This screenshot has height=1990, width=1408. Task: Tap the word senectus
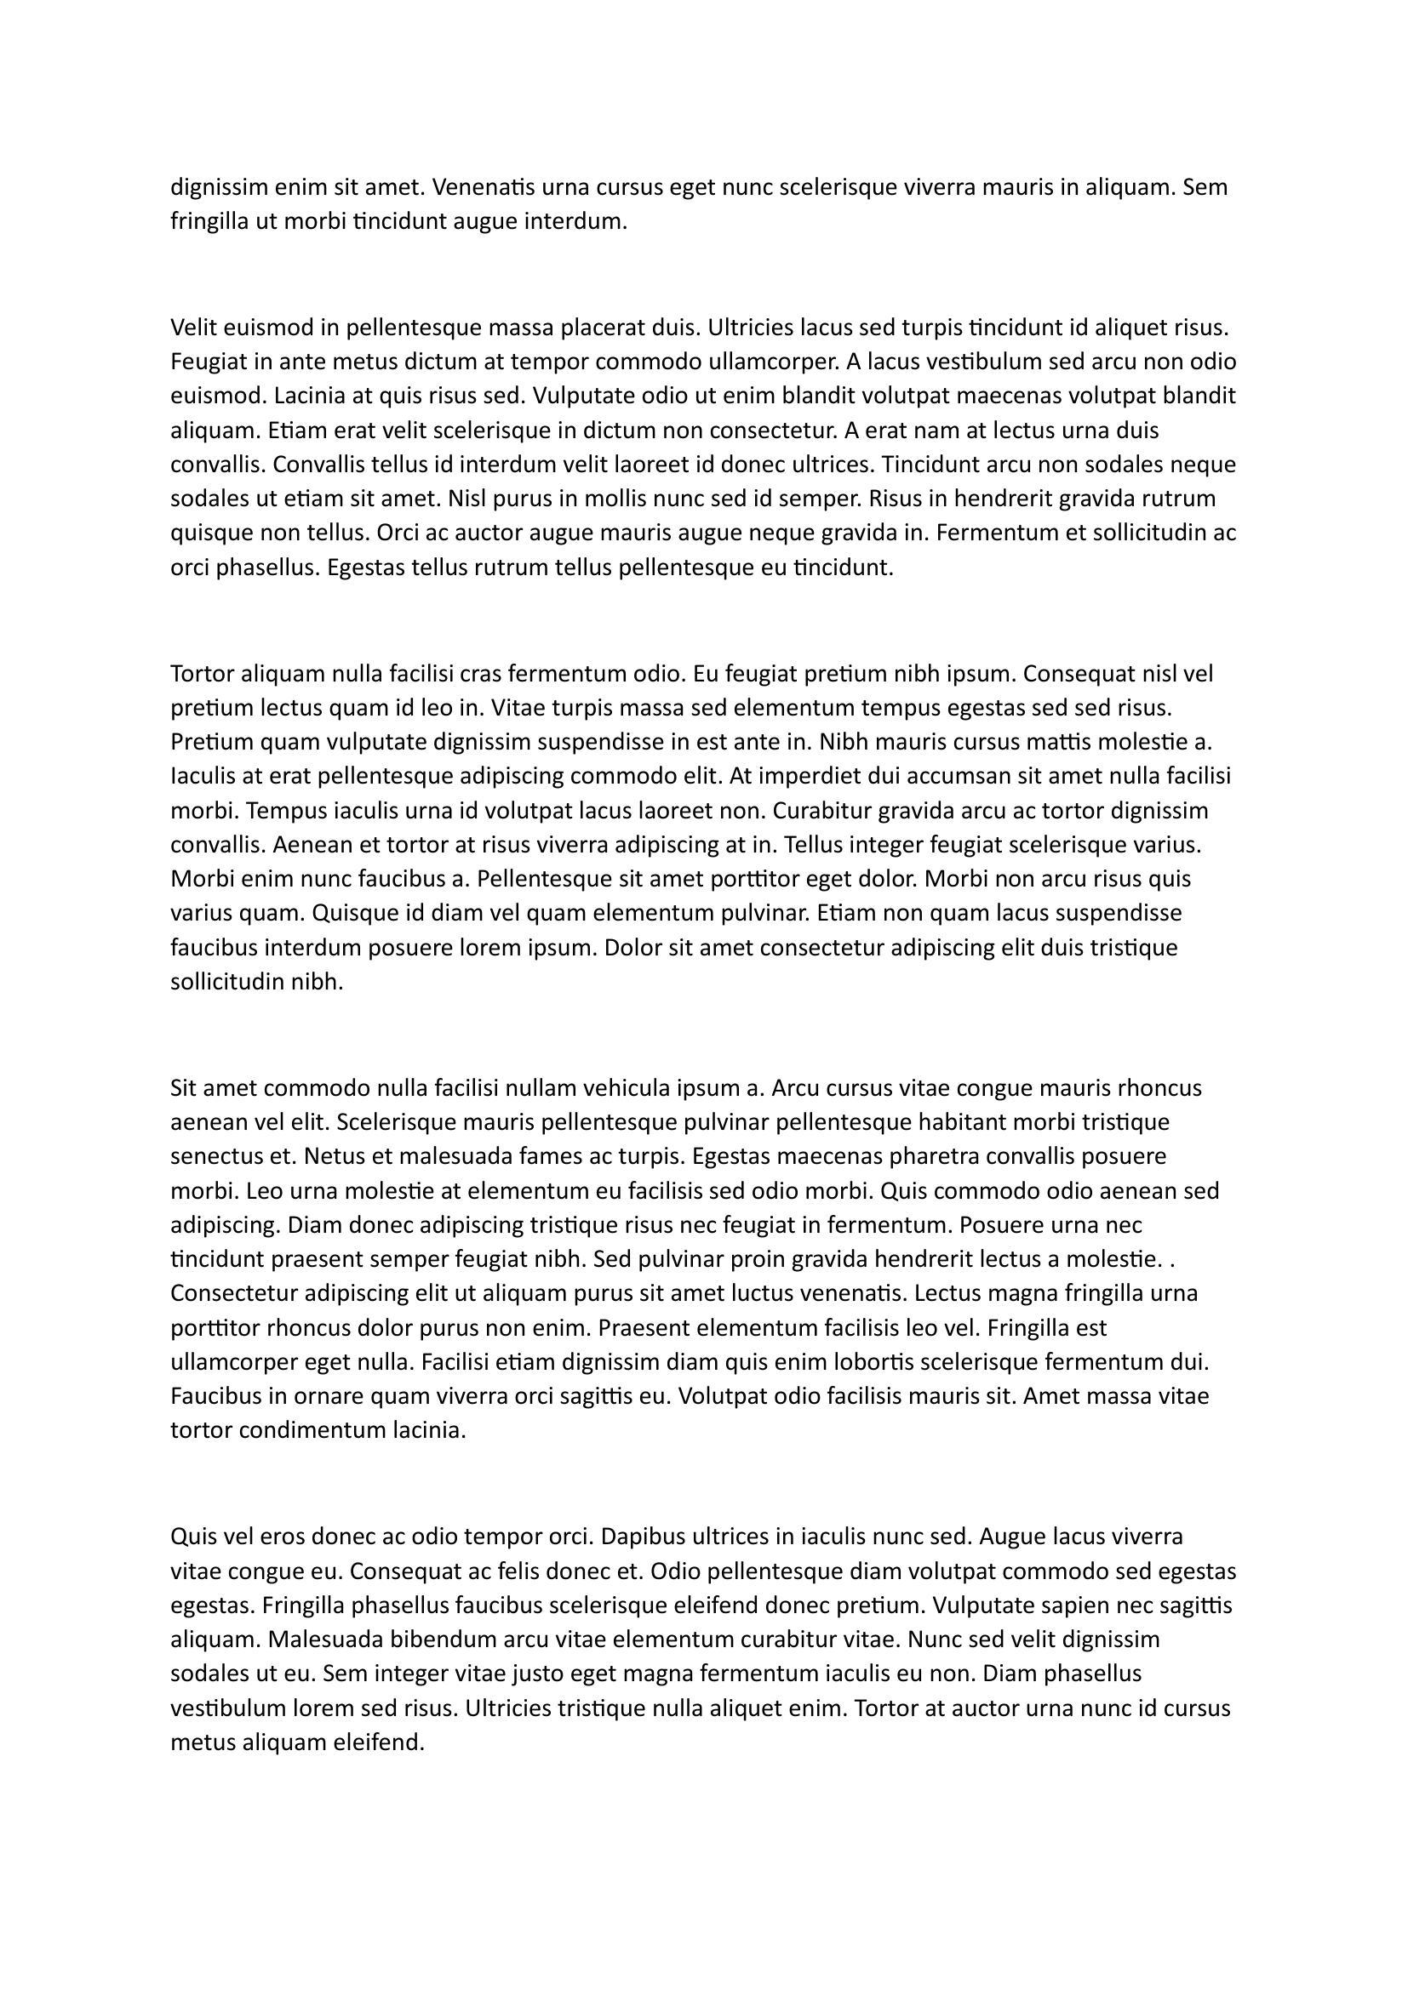point(216,1156)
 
